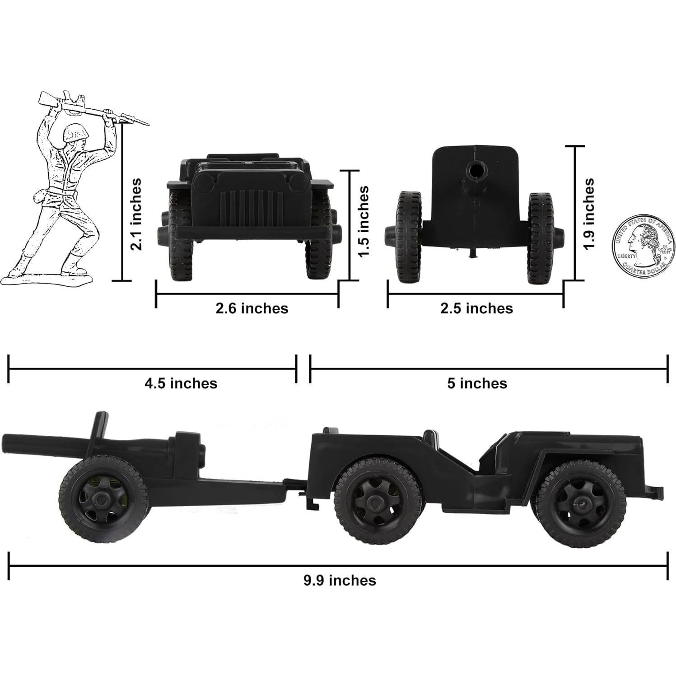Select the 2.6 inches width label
pyautogui.click(x=252, y=308)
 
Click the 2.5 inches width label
pyautogui.click(x=476, y=308)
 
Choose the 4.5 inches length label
pyautogui.click(x=181, y=383)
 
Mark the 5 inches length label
pyautogui.click(x=477, y=383)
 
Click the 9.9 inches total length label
pyautogui.click(x=339, y=580)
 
